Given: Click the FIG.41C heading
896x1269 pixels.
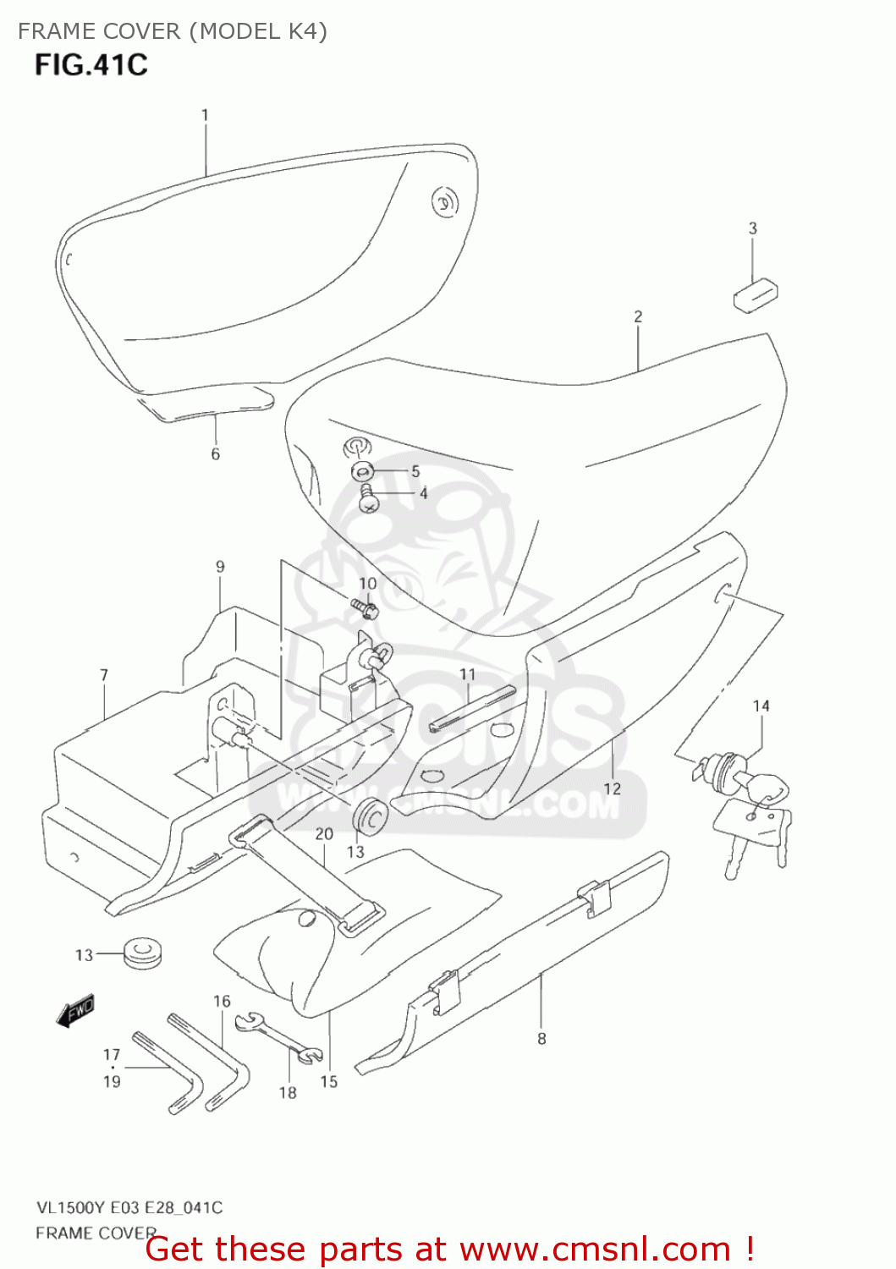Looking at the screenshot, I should pyautogui.click(x=91, y=65).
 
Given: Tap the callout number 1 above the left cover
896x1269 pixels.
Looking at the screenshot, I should pyautogui.click(x=205, y=115).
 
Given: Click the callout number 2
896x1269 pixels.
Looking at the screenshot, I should pyautogui.click(x=638, y=316).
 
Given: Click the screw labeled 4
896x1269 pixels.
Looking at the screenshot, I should pyautogui.click(x=368, y=498).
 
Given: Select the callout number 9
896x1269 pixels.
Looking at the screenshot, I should pyautogui.click(x=220, y=567).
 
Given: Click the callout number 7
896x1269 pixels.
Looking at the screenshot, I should pyautogui.click(x=104, y=675).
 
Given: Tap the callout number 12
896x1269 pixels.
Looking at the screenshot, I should pyautogui.click(x=612, y=788).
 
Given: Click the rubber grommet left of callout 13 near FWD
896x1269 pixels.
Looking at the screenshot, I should pyautogui.click(x=142, y=953).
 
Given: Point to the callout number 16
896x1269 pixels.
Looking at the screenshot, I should pyautogui.click(x=222, y=1002).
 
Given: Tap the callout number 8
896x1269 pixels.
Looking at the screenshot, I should pyautogui.click(x=541, y=1039).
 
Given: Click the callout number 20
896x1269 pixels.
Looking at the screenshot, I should pyautogui.click(x=324, y=834).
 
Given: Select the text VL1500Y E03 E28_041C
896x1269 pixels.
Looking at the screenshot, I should pyautogui.click(x=129, y=1207).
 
